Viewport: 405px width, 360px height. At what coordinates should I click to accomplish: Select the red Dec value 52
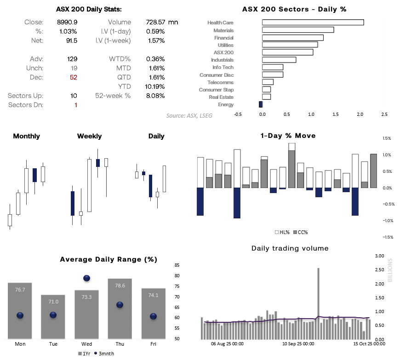pyautogui.click(x=74, y=77)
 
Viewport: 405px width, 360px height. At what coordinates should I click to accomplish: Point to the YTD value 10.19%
pyautogui.click(x=155, y=86)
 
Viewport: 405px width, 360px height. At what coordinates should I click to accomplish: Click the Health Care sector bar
pyautogui.click(x=313, y=23)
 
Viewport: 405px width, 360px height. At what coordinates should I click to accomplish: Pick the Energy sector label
pyautogui.click(x=226, y=105)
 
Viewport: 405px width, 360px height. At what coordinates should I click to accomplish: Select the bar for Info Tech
pyautogui.click(x=273, y=67)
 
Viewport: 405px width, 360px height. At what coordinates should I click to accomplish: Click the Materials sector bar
pyautogui.click(x=298, y=30)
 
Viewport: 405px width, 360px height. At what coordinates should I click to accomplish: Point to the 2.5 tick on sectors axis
pyautogui.click(x=384, y=114)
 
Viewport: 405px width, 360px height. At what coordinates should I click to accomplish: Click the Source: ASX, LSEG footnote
pyautogui.click(x=189, y=116)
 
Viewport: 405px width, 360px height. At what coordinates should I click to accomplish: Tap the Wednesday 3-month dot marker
pyautogui.click(x=87, y=278)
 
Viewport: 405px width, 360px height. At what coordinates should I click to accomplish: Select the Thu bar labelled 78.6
pyautogui.click(x=120, y=308)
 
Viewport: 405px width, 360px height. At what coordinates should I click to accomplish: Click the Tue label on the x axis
pyautogui.click(x=53, y=344)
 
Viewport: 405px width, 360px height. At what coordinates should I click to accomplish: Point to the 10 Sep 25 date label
pyautogui.click(x=298, y=343)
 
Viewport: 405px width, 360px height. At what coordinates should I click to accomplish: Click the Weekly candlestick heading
pyautogui.click(x=90, y=136)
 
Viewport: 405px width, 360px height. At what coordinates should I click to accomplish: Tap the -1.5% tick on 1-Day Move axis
pyautogui.click(x=387, y=237)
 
